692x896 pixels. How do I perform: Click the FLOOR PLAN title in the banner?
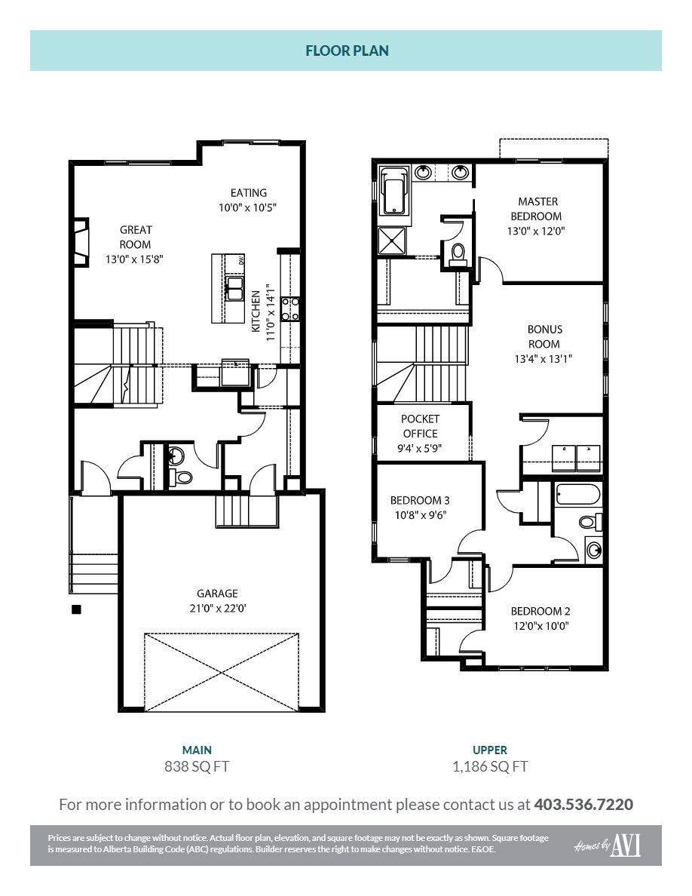click(346, 51)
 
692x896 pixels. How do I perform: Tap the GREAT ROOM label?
click(136, 237)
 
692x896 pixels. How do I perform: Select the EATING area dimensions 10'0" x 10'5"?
click(248, 207)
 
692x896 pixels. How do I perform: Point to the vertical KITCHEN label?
click(256, 311)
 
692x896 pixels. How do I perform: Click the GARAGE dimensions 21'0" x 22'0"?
click(217, 609)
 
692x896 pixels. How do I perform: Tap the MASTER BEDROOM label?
click(538, 209)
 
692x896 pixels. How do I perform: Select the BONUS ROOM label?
click(544, 336)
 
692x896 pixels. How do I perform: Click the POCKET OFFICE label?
click(420, 426)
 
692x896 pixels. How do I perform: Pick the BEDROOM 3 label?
click(420, 501)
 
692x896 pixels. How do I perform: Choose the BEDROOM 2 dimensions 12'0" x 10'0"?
click(540, 626)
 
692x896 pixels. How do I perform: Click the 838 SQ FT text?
click(197, 767)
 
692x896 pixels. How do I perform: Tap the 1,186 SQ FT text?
click(490, 767)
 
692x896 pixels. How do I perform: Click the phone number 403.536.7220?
click(583, 804)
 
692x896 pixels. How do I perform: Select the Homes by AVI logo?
click(607, 846)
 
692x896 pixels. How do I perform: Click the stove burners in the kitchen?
click(290, 309)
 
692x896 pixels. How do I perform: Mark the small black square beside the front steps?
click(75, 609)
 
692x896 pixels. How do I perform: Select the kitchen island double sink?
click(234, 288)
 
